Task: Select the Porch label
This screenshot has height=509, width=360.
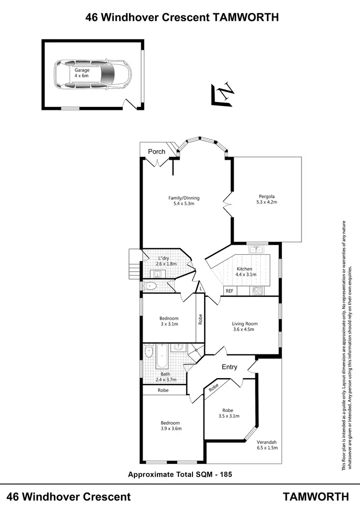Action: point(156,152)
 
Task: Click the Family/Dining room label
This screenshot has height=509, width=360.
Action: point(183,198)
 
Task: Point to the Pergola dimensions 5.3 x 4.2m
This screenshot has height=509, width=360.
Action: point(267,202)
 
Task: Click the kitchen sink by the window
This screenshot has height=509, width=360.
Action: point(256,249)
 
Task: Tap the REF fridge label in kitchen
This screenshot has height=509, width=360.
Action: point(229,291)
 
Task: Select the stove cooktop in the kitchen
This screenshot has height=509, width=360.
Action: point(257,290)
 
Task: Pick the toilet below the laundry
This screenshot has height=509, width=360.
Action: point(150,286)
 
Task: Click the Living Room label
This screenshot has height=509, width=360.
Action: point(245,323)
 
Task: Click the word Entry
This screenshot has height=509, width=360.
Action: point(229,367)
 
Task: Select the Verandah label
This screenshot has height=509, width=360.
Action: point(267,442)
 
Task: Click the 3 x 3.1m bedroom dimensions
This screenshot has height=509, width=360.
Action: point(169,324)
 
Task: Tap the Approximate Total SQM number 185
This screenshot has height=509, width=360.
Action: point(226,474)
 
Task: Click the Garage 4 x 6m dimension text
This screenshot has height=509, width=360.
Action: point(82,76)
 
